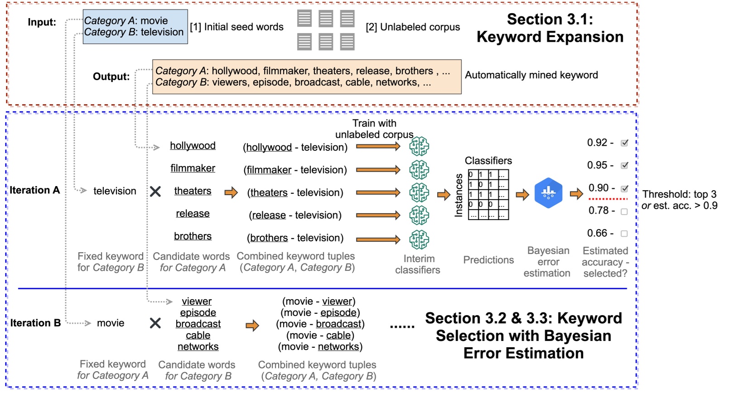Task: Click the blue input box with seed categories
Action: [x=135, y=27]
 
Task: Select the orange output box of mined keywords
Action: [x=307, y=77]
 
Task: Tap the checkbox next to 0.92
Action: [x=625, y=143]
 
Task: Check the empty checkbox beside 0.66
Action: [x=624, y=234]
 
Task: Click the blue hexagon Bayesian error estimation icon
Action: [x=548, y=193]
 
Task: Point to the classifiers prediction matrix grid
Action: [x=488, y=195]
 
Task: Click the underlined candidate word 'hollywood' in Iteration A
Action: [x=193, y=146]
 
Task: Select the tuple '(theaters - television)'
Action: [x=295, y=193]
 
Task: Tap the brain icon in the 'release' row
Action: [x=419, y=215]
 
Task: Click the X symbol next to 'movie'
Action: [x=155, y=323]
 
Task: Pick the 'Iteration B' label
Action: [x=35, y=323]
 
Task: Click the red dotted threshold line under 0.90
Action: [x=608, y=199]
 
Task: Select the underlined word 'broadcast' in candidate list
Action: [x=198, y=324]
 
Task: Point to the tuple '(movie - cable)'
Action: [x=320, y=335]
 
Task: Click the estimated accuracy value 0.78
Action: [x=598, y=210]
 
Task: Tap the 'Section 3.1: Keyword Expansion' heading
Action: [x=550, y=28]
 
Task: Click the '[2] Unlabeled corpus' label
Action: [x=413, y=27]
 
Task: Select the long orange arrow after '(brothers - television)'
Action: [x=378, y=239]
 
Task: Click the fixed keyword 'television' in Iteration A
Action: [x=115, y=191]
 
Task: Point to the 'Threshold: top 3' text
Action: [x=679, y=195]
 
